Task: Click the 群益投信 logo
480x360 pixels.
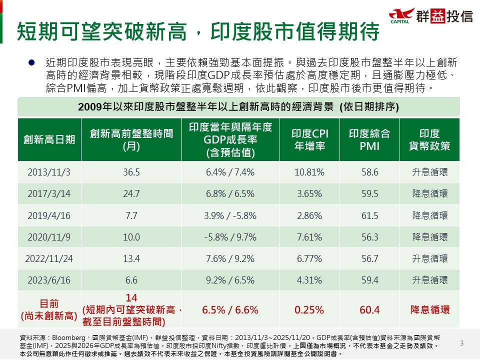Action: [x=430, y=16]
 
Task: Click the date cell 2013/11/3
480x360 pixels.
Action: [x=49, y=172]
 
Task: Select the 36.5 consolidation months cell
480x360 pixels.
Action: [x=131, y=172]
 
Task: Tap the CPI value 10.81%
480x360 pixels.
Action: [x=310, y=172]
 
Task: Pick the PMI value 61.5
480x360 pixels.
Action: [x=369, y=215]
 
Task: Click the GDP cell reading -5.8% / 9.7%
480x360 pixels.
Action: [x=230, y=237]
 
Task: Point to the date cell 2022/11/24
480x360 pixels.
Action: [x=49, y=258]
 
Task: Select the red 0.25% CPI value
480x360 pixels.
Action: [x=309, y=310]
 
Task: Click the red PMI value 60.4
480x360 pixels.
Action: [x=369, y=310]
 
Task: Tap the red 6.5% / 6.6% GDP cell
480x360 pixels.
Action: [x=230, y=310]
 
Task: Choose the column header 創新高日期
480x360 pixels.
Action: [x=49, y=139]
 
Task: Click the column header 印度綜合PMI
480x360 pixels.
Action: [x=369, y=139]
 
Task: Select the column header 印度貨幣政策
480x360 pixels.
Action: [x=429, y=139]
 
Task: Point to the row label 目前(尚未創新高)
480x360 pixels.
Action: [x=49, y=309]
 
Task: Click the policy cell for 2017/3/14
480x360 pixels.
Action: [x=429, y=194]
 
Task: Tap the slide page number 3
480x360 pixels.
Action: [x=461, y=343]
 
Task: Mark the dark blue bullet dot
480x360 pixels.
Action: [x=31, y=62]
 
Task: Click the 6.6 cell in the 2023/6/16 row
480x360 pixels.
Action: [x=131, y=280]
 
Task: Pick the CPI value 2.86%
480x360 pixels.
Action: [x=310, y=215]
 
